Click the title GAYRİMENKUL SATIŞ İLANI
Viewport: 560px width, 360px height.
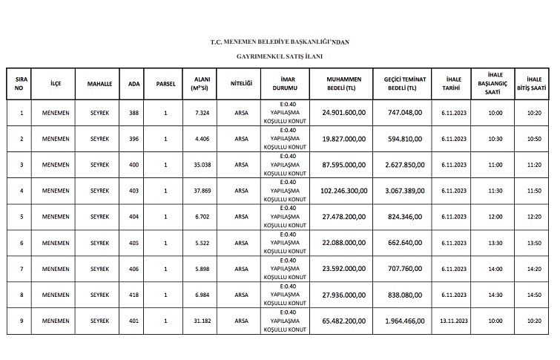(x=280, y=56)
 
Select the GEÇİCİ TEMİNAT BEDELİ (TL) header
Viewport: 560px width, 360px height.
(x=406, y=84)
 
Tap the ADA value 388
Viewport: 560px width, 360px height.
(x=134, y=113)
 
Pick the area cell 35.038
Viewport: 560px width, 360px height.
(x=201, y=165)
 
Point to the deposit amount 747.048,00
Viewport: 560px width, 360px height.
(x=406, y=113)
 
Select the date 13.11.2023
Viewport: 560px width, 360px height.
(x=452, y=321)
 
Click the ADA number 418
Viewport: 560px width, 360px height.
(x=134, y=295)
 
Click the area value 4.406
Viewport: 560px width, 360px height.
(x=201, y=139)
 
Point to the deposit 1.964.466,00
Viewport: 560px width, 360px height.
(x=406, y=321)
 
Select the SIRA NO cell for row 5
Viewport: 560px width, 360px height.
(x=22, y=217)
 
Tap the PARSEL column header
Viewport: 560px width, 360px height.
(x=165, y=84)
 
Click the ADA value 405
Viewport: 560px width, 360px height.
(x=134, y=243)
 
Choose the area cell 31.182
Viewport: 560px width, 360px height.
(x=201, y=321)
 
